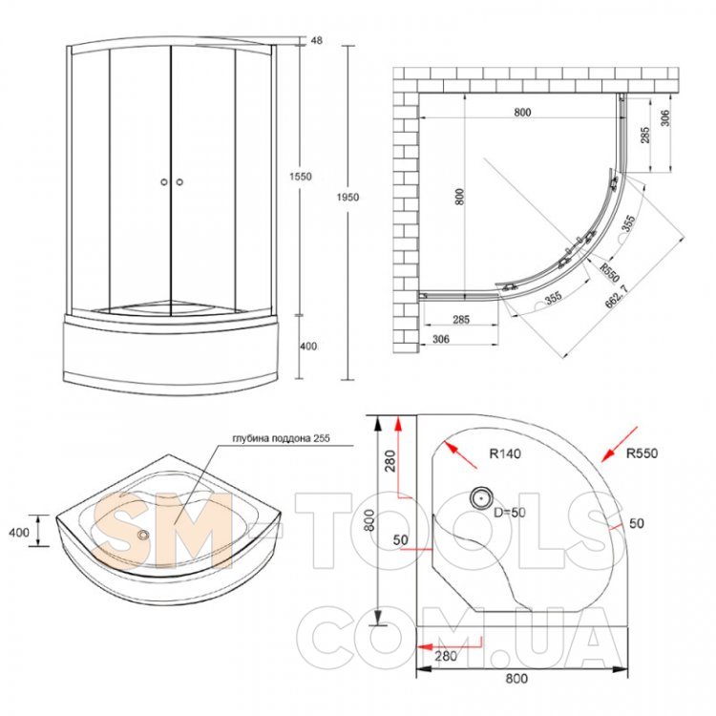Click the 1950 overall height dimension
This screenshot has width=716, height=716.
347,198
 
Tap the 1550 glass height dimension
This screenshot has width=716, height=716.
300,177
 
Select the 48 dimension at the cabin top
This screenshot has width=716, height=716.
316,40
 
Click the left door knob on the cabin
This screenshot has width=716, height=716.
164,181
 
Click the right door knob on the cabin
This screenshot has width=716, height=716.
179,181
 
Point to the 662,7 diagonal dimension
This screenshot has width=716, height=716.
617,296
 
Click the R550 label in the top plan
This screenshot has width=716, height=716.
610,273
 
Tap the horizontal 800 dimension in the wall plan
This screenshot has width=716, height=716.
522,112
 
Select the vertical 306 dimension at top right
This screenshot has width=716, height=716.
665,117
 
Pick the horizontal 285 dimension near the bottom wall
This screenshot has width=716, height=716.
461,319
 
